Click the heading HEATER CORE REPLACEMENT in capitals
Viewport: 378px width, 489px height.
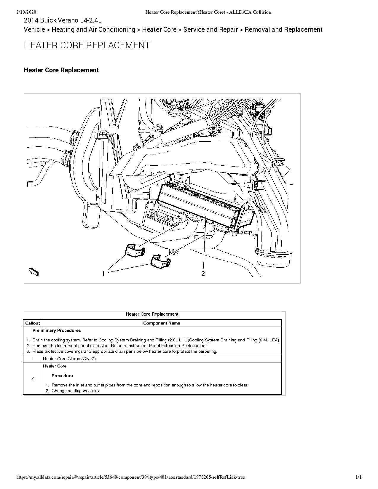click(87, 45)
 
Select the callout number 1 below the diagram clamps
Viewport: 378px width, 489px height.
click(103, 274)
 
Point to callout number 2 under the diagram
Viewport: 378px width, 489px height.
click(203, 274)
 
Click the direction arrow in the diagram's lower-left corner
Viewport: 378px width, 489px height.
click(34, 271)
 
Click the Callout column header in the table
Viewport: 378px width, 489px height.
click(33, 323)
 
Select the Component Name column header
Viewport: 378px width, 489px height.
click(162, 323)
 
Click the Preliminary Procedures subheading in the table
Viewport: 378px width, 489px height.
click(57, 330)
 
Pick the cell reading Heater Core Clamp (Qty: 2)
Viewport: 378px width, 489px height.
click(69, 359)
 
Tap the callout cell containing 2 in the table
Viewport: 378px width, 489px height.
click(33, 378)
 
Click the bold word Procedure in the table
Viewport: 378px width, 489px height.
click(62, 375)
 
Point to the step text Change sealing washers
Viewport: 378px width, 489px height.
click(76, 391)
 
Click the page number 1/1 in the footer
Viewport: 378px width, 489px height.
click(358, 477)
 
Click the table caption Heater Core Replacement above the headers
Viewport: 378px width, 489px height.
click(152, 314)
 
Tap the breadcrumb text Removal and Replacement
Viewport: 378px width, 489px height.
click(283, 30)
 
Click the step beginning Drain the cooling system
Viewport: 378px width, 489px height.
click(156, 340)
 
